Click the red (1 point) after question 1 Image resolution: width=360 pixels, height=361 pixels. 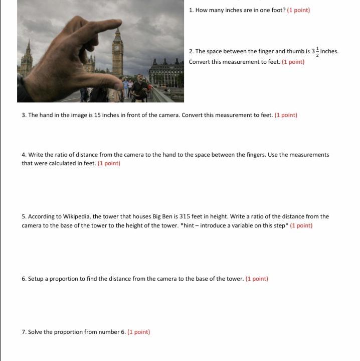click(x=298, y=10)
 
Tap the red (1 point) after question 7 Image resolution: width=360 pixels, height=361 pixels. click(x=139, y=332)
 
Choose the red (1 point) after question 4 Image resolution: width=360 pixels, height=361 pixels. click(x=109, y=163)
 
